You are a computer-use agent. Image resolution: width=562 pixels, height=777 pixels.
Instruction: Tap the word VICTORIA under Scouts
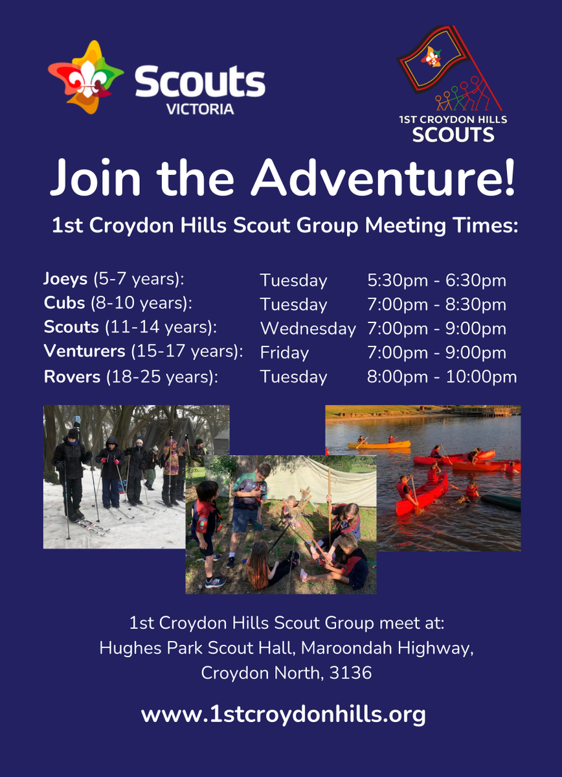(x=200, y=109)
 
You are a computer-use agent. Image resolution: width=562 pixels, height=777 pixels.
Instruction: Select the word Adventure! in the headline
(x=383, y=178)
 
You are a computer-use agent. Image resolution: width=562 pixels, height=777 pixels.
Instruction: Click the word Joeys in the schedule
(x=65, y=279)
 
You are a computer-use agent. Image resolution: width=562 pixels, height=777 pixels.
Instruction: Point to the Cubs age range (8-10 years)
(x=142, y=303)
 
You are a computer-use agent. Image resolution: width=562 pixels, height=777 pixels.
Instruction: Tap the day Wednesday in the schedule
(x=308, y=328)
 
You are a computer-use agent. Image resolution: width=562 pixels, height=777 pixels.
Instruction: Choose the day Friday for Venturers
(x=284, y=353)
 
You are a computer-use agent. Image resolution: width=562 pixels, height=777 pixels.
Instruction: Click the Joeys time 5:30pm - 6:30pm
(x=437, y=280)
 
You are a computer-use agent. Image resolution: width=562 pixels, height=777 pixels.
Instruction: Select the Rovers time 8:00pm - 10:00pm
(x=442, y=377)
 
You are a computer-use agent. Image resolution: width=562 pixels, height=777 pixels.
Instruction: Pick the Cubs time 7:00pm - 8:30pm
(x=437, y=305)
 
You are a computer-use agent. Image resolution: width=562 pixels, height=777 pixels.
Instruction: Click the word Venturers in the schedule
(x=84, y=352)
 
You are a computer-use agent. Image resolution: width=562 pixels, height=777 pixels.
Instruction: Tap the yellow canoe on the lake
(x=379, y=445)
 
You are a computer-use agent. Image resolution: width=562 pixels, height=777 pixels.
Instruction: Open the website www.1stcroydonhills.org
(x=283, y=715)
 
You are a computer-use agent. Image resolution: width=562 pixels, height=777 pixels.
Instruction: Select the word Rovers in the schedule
(x=72, y=377)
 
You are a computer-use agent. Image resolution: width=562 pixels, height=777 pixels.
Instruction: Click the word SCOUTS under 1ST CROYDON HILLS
(x=453, y=135)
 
